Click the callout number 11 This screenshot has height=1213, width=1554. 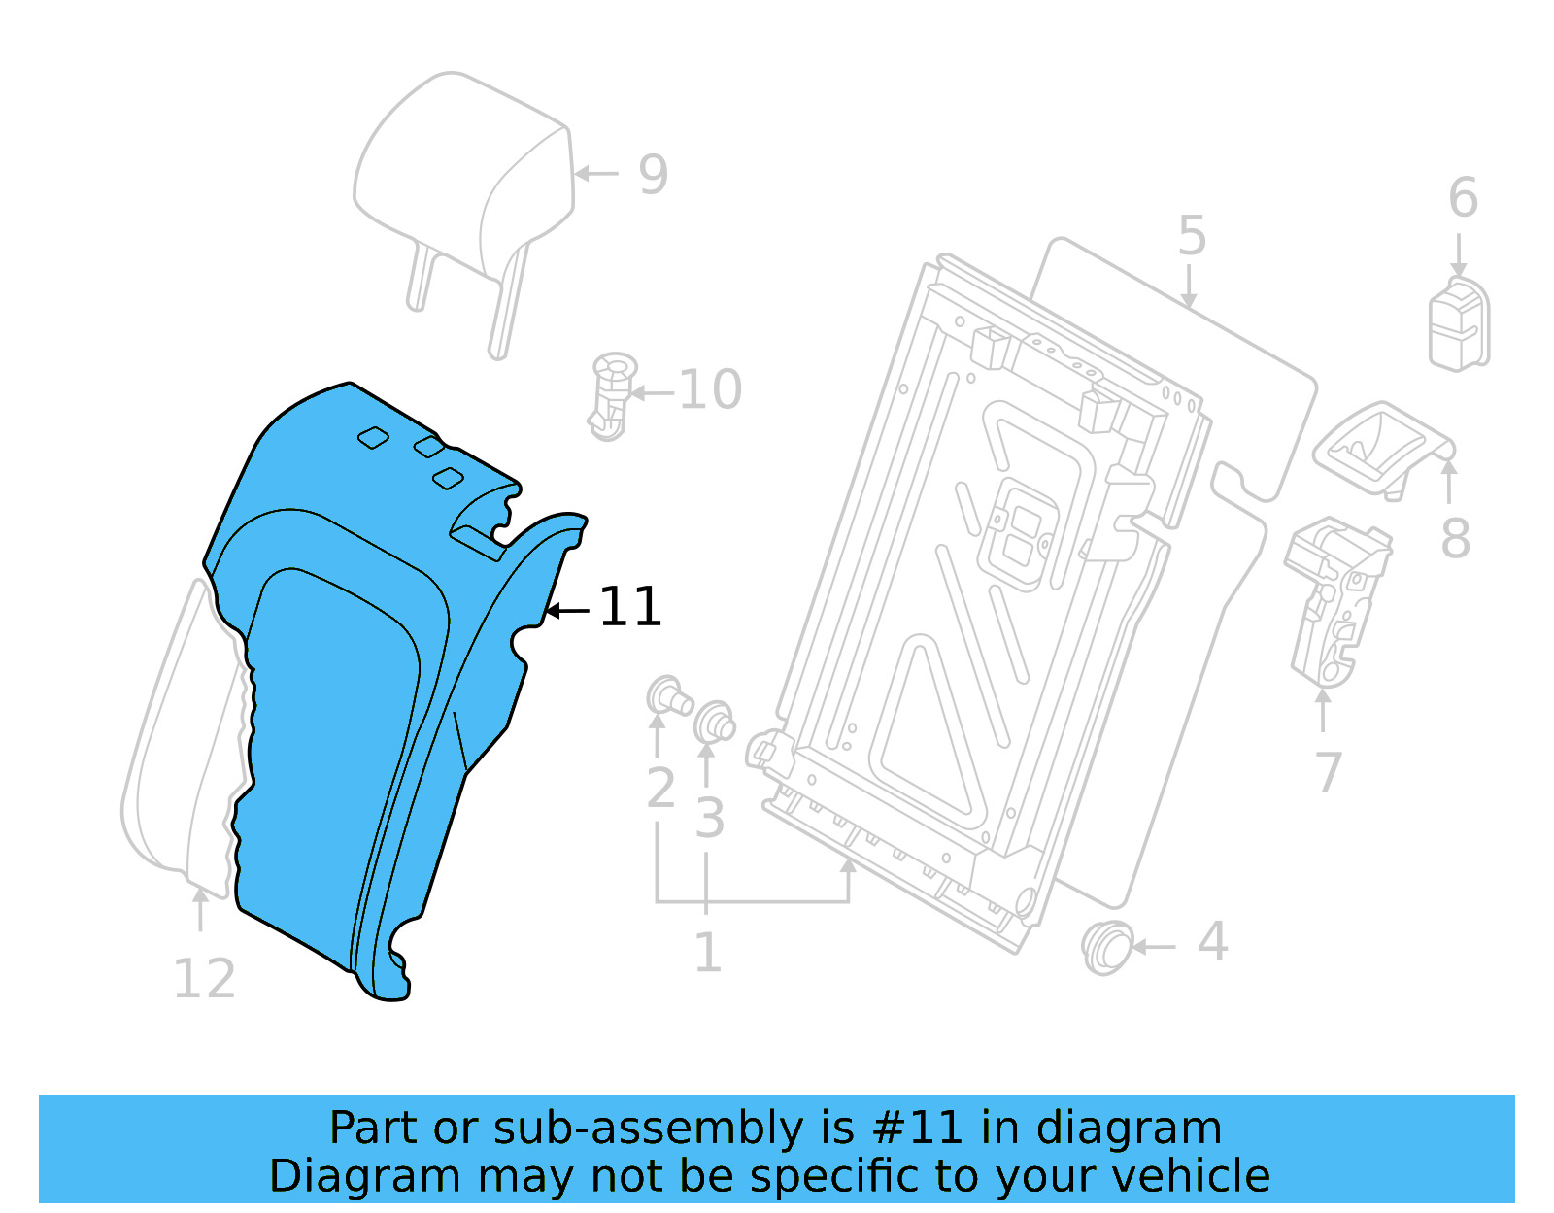(630, 607)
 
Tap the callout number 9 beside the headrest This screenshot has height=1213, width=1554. (653, 176)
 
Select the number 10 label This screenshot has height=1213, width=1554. (709, 390)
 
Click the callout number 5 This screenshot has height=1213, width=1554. (1192, 237)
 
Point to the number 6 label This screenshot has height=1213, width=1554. (1463, 198)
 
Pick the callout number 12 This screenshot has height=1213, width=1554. (204, 979)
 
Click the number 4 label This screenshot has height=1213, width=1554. (1212, 941)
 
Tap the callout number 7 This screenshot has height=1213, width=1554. (1328, 772)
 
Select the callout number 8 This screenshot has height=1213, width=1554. (1455, 540)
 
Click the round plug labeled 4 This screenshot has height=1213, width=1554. (1106, 947)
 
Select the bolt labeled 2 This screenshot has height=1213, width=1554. (668, 697)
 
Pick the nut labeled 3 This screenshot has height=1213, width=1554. (715, 723)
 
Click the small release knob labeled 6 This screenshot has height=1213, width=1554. (1458, 324)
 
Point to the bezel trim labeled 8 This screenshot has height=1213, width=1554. (1379, 449)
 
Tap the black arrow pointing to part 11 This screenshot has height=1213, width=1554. (567, 611)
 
